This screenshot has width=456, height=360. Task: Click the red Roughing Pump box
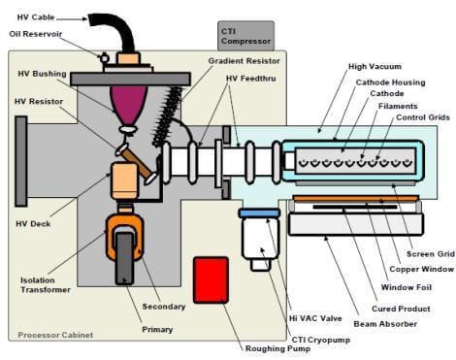click(211, 278)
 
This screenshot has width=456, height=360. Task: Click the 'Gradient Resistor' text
click(239, 59)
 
